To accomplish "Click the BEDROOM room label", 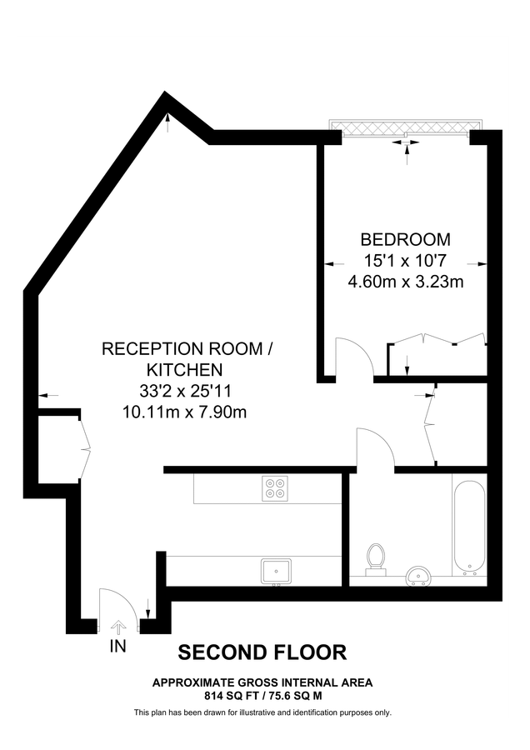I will [x=405, y=238].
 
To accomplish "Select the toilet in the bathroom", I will [x=377, y=558].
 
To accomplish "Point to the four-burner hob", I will [x=275, y=487].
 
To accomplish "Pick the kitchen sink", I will [x=275, y=571].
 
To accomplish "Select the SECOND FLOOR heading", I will [x=263, y=652].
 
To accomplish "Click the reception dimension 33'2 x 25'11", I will [x=185, y=390].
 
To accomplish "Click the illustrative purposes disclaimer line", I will [x=262, y=712].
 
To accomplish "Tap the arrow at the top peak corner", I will [x=168, y=122].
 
